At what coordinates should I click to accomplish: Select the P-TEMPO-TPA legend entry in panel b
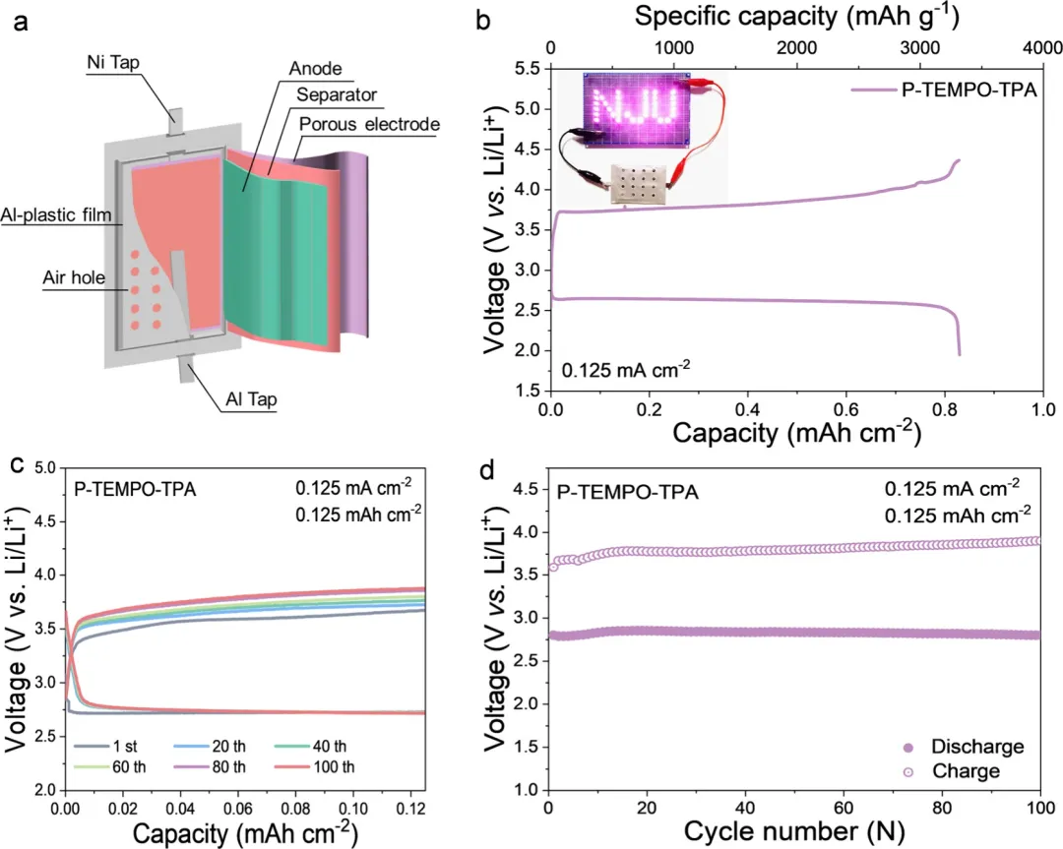click(x=949, y=91)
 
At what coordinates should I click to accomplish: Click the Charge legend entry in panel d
click(x=961, y=772)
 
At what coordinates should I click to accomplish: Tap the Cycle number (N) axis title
click(x=792, y=832)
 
